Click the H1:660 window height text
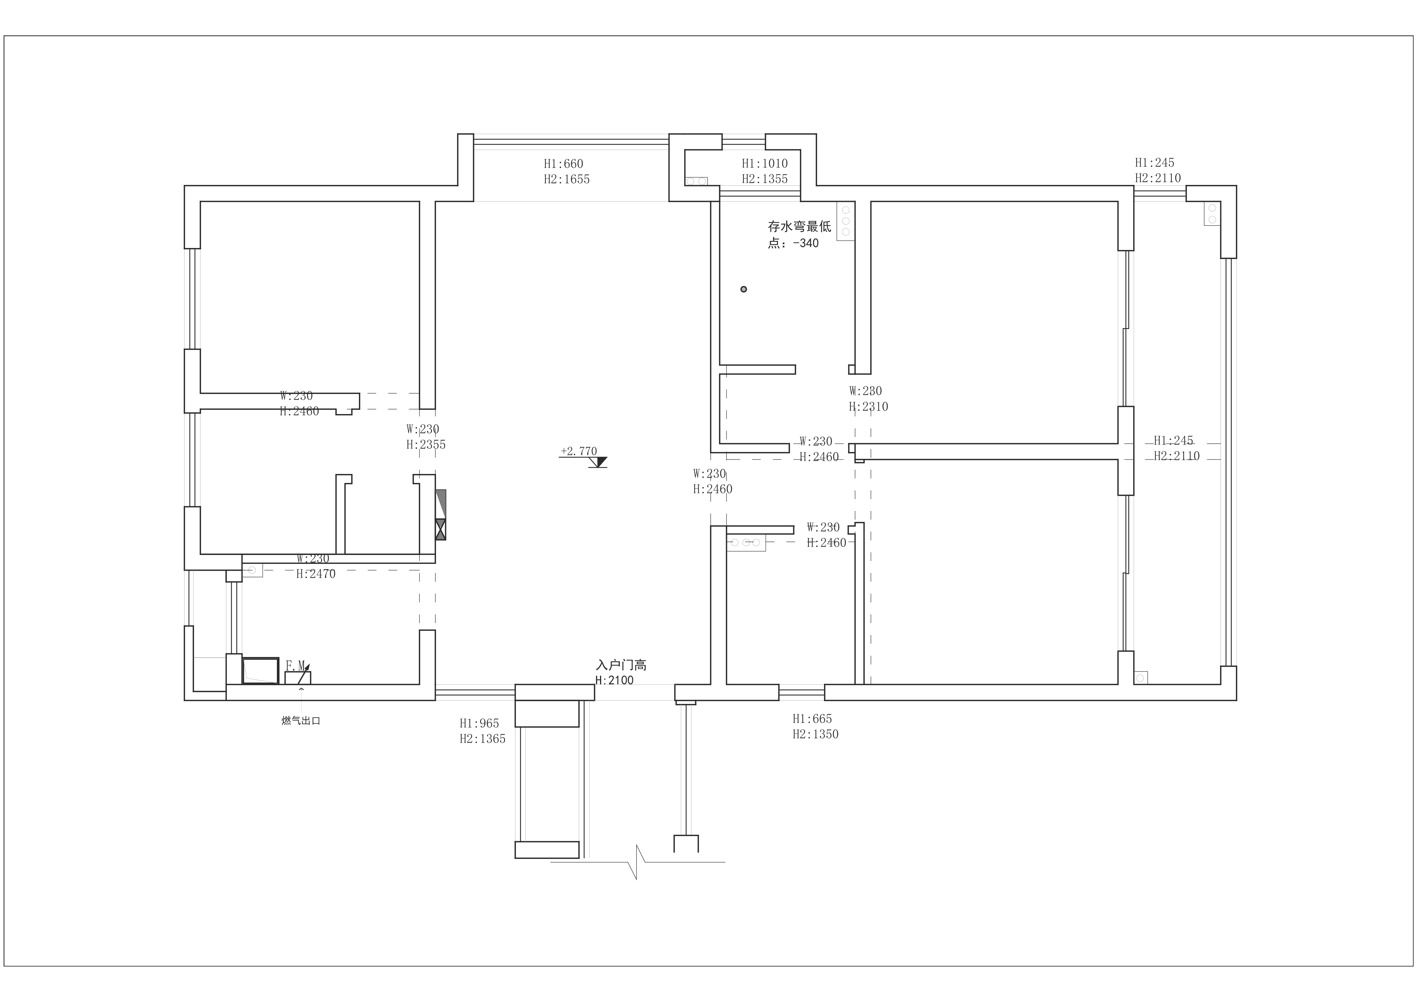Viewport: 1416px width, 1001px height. [563, 164]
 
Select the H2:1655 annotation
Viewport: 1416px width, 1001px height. [566, 179]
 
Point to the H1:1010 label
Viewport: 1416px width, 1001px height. [764, 164]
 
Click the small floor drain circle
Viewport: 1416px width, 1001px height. [744, 289]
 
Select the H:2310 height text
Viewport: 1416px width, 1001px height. [868, 406]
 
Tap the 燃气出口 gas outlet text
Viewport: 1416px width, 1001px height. [301, 721]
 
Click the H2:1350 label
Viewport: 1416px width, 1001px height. [815, 734]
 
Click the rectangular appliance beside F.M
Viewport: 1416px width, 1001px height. [260, 670]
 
